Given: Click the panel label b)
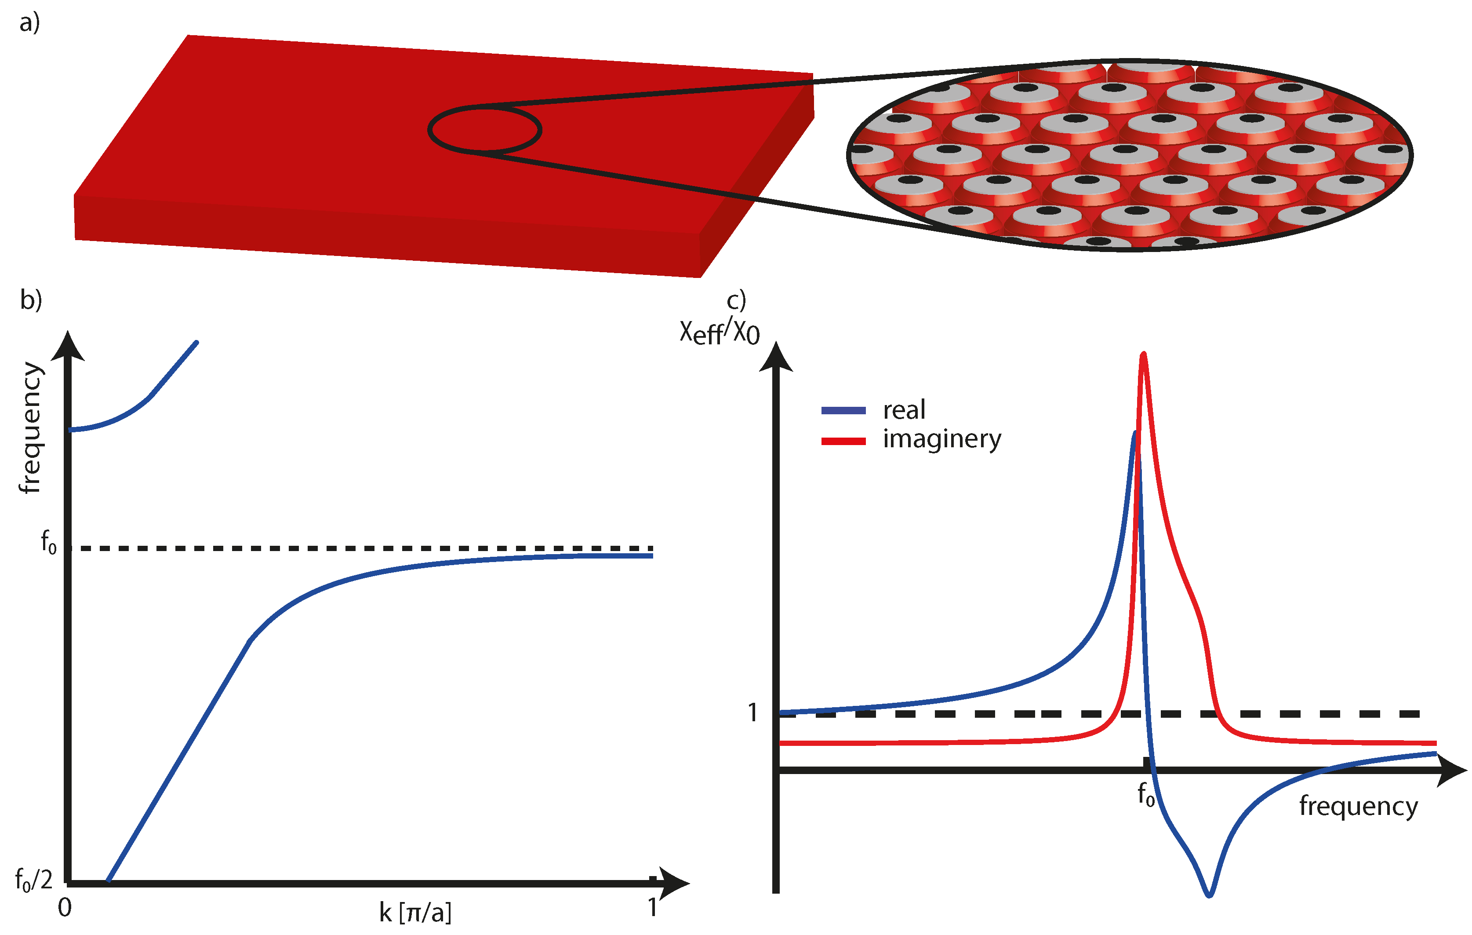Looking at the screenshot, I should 31,299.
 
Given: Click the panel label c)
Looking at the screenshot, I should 736,300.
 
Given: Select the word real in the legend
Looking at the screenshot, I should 904,410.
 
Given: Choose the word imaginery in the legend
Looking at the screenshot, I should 942,439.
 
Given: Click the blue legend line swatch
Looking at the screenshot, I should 843,410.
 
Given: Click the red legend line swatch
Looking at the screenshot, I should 843,441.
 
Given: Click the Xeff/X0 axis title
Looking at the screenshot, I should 720,332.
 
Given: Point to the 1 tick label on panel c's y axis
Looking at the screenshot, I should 753,712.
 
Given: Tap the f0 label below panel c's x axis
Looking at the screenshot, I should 1145,795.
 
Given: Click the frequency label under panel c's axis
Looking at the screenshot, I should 1358,807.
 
